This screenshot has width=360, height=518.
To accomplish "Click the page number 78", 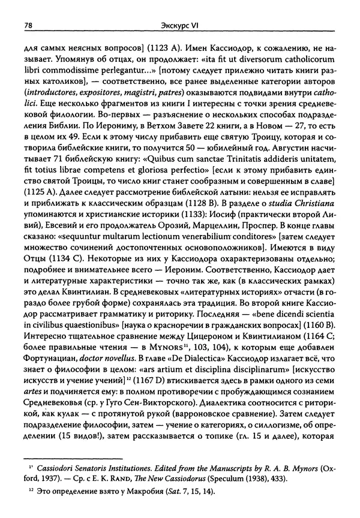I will pos(28,26).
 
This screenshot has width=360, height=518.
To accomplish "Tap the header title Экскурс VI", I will pos(179,26).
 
